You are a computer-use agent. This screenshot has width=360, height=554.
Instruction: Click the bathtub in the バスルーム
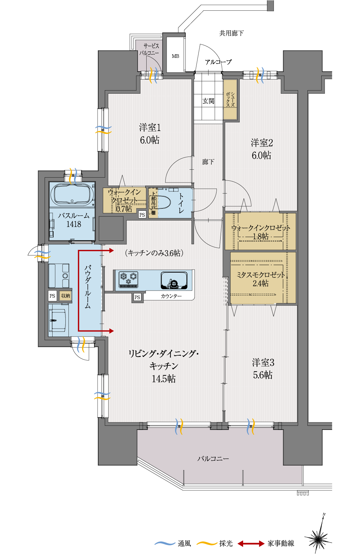point(72,194)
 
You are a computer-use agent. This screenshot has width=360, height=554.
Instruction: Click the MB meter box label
point(175,56)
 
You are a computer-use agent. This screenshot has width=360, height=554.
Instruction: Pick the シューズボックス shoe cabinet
point(230,100)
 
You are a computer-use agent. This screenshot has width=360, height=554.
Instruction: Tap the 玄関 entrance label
point(208,101)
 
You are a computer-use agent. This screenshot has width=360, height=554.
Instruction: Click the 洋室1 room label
point(150,128)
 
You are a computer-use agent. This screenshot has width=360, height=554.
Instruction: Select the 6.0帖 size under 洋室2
point(261,155)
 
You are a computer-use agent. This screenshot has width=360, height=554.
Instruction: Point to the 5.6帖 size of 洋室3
point(262,375)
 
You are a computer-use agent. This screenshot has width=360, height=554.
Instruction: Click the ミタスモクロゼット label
point(260,275)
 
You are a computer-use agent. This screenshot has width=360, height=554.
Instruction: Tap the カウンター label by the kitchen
point(171,296)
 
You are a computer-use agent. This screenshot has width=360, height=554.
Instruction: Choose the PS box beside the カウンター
point(137,297)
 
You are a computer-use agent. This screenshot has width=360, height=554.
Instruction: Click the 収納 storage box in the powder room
point(66,295)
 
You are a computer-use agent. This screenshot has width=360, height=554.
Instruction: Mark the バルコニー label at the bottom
point(213,459)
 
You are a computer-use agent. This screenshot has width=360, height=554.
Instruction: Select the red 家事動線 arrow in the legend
point(251,543)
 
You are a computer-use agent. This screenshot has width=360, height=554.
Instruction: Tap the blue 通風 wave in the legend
point(165,543)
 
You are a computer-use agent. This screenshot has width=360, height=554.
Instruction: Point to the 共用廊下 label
point(231,33)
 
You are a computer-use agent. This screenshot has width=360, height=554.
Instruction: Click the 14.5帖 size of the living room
point(164,379)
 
